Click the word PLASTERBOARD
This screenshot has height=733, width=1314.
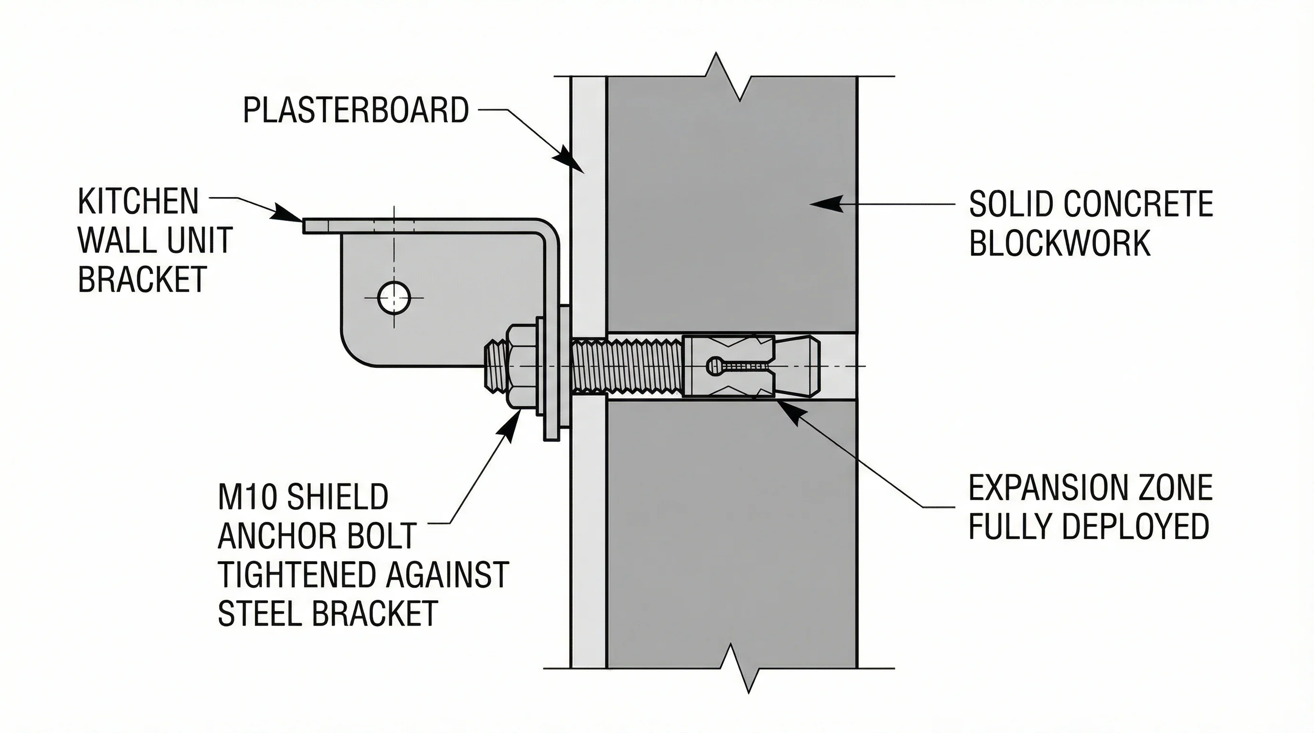pyautogui.click(x=356, y=110)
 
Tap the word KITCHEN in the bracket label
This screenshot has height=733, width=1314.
pyautogui.click(x=138, y=202)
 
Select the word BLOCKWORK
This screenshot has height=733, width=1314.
pyautogui.click(x=1060, y=243)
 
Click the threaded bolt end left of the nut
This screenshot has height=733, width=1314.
pyautogui.click(x=494, y=366)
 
